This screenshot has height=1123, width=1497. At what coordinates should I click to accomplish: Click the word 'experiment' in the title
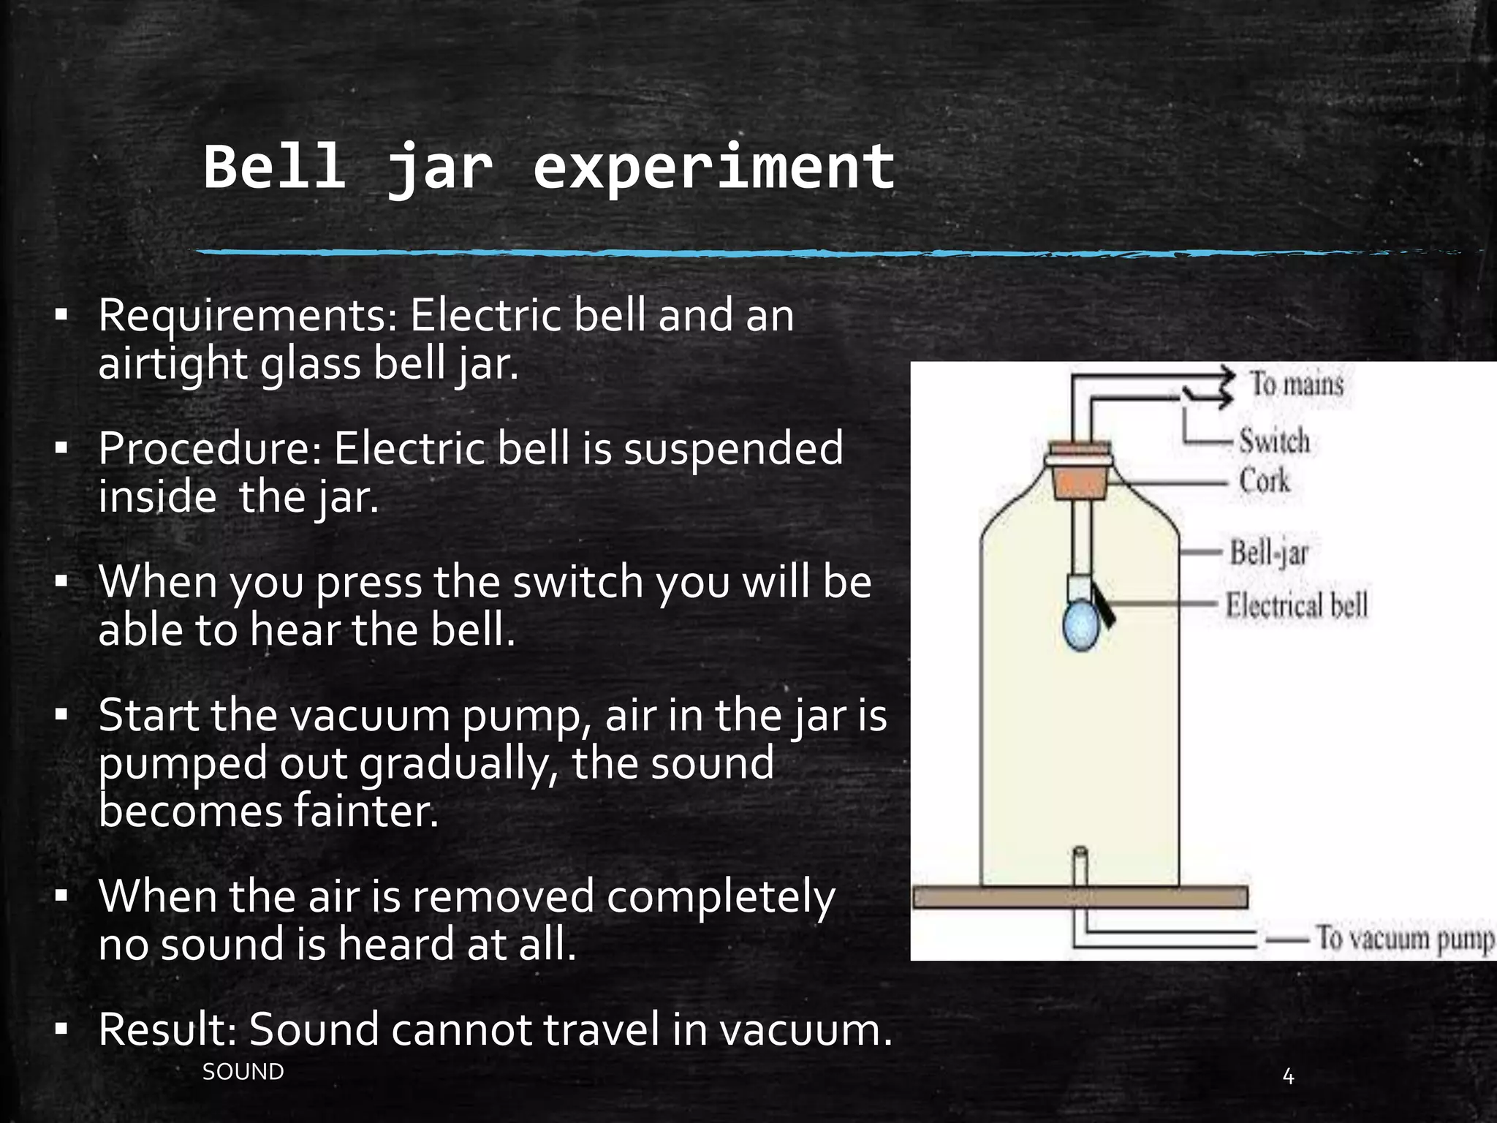(713, 168)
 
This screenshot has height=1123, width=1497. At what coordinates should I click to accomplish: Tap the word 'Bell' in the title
(274, 167)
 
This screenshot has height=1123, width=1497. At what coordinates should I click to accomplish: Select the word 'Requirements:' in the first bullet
(248, 316)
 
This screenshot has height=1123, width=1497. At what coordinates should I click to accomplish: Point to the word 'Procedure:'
(210, 449)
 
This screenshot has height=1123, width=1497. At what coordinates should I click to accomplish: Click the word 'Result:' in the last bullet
(167, 1029)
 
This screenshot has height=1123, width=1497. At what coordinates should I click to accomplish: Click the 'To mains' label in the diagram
(1296, 384)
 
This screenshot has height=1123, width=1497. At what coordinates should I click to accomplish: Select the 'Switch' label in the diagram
(1274, 442)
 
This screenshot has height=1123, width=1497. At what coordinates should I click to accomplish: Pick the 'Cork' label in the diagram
(1264, 481)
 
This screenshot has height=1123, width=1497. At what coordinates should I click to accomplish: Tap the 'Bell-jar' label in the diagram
(1268, 552)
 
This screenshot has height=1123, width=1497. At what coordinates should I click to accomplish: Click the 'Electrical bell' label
(1296, 605)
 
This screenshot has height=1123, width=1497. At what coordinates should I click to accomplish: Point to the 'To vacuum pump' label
(1403, 938)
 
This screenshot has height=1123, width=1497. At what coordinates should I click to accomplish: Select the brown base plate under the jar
(1080, 897)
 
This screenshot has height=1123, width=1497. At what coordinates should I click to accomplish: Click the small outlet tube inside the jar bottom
(1080, 866)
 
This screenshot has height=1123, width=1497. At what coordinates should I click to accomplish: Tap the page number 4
(1288, 1077)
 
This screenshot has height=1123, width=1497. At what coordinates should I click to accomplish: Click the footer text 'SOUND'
(243, 1072)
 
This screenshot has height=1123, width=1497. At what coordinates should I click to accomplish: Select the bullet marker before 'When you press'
(61, 583)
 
